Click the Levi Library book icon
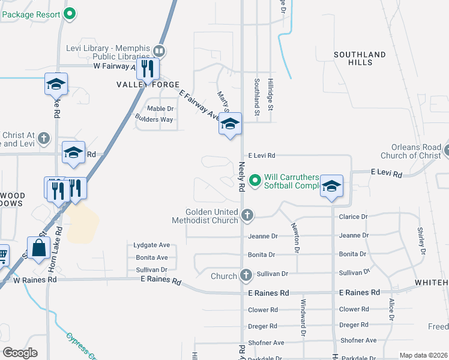coord(160,50)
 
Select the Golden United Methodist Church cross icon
coord(247,214)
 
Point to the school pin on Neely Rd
coord(229,124)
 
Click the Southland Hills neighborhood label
coord(360,58)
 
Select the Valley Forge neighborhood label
coord(140,85)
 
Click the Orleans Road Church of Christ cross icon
coord(446,151)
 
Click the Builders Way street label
coord(154,119)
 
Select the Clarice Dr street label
coord(353,217)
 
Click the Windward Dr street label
coord(303,317)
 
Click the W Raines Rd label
coord(35,280)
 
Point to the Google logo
coord(20,353)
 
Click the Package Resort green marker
coord(69,13)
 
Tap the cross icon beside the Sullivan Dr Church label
coord(246,275)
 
